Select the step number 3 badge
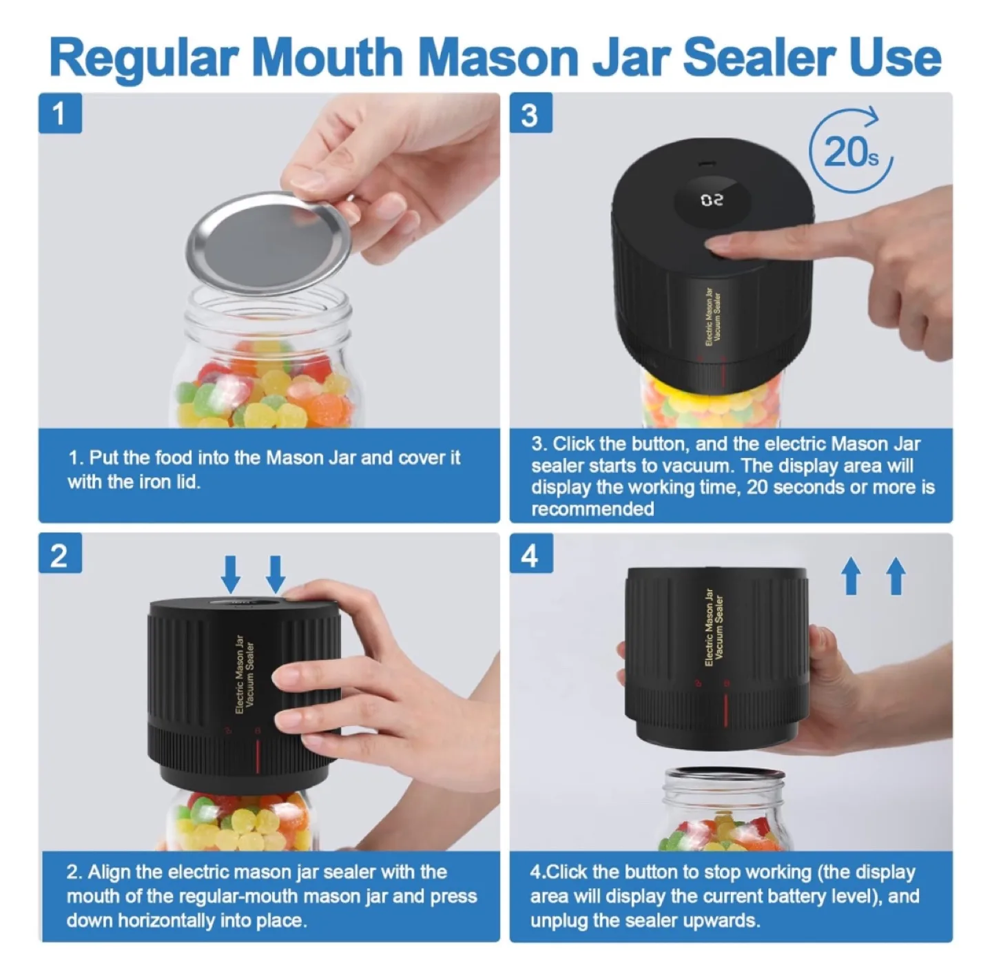coord(530,114)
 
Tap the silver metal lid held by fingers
coord(269,242)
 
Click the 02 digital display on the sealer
coord(712,200)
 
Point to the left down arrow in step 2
coord(231,573)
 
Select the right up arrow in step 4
coord(896,575)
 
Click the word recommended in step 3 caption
coord(592,509)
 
